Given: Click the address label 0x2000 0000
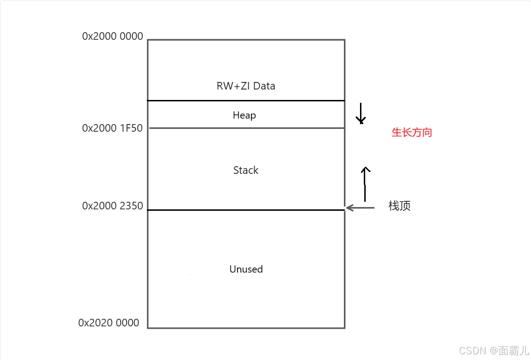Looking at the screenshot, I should tap(112, 36).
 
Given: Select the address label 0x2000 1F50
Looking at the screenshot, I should tap(112, 128).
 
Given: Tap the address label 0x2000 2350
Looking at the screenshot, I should tap(112, 206).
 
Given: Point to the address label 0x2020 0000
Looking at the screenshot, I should tap(108, 323).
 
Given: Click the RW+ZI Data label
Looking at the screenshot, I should tap(246, 86).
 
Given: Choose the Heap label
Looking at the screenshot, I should tap(244, 115).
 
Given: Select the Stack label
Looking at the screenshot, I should tap(246, 170).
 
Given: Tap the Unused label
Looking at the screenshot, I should tap(246, 269).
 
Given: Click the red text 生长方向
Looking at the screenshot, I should tap(412, 133).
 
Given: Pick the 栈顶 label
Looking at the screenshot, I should tap(399, 206).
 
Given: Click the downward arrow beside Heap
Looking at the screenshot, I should tap(361, 113).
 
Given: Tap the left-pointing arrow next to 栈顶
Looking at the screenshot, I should tap(360, 207).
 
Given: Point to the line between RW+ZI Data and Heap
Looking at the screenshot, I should tap(246, 100).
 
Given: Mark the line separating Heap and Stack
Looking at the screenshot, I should tap(246, 128).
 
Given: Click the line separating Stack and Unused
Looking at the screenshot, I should tap(246, 210).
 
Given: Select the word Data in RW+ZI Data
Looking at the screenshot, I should tap(264, 86).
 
